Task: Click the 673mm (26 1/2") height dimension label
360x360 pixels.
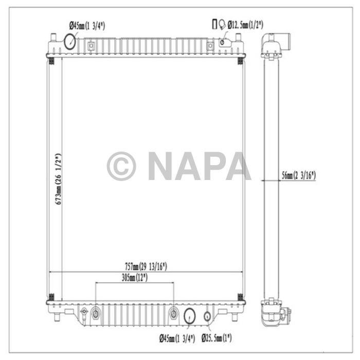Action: point(59,179)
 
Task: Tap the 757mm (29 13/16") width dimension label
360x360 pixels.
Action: point(146,266)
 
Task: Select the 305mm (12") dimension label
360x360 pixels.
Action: point(135,278)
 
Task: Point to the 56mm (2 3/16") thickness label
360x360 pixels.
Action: point(299,176)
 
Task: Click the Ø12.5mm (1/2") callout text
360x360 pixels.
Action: point(245,25)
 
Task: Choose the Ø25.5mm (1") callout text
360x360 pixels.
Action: point(217,338)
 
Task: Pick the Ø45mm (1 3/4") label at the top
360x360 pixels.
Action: point(87,26)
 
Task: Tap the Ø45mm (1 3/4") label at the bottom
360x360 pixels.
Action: point(177,338)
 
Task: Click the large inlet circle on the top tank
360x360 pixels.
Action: point(70,41)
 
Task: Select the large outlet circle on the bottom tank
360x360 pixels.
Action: point(190,316)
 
